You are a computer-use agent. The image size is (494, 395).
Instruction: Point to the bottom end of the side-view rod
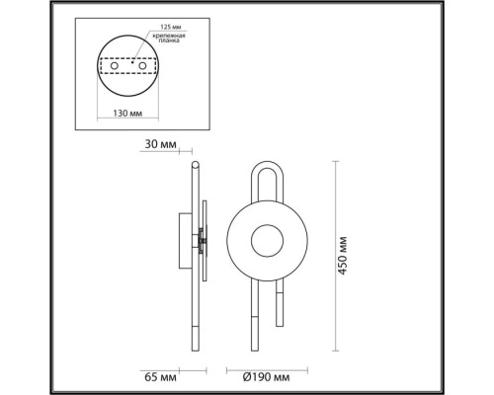[x=195, y=348]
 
